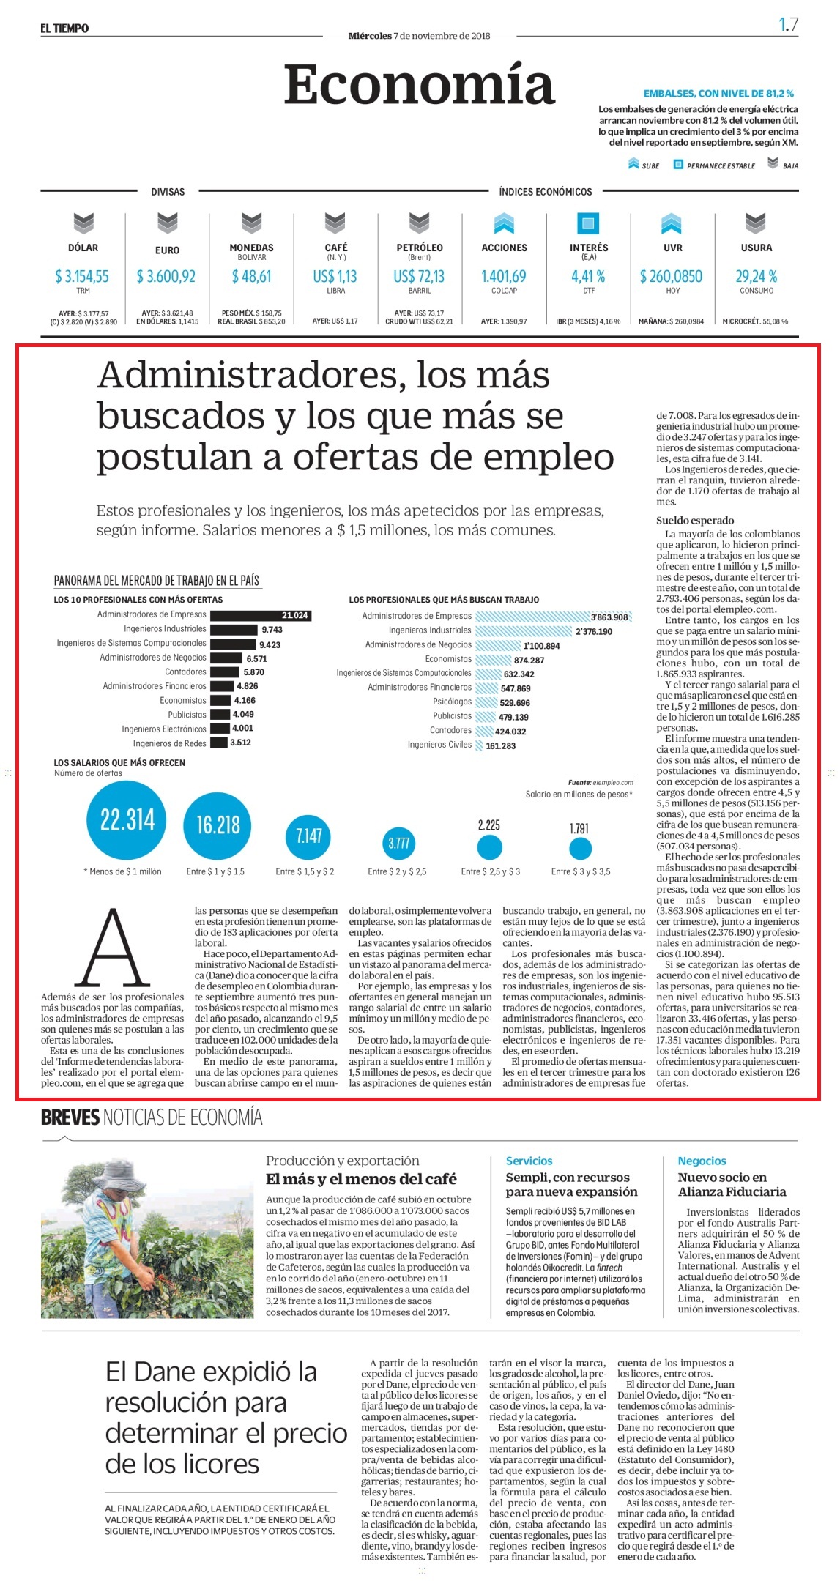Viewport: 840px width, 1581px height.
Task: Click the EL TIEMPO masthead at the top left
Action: click(x=64, y=29)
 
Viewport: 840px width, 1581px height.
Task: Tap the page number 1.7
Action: click(x=788, y=25)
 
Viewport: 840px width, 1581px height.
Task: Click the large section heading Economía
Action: click(x=419, y=84)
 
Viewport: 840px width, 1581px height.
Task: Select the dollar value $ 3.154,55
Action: click(x=82, y=276)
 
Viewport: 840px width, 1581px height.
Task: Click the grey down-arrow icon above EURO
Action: click(x=168, y=223)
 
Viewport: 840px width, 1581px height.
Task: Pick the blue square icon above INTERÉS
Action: click(x=588, y=223)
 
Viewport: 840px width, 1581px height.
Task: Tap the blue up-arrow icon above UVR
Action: click(x=672, y=223)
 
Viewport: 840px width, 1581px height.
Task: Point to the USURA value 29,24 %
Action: click(x=757, y=276)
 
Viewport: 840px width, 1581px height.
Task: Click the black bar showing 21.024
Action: click(x=261, y=615)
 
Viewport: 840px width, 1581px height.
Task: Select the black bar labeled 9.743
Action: click(x=234, y=630)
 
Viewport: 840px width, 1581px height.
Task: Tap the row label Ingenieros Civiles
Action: click(x=439, y=745)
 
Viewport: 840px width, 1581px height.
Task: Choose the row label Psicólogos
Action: click(x=452, y=702)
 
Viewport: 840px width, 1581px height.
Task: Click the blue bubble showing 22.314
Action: click(x=127, y=820)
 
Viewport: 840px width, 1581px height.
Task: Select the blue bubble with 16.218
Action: click(x=218, y=825)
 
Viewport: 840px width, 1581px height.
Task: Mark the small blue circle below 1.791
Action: click(x=580, y=849)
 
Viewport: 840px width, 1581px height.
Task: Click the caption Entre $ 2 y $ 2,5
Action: click(x=397, y=871)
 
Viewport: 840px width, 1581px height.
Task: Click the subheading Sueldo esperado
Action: click(x=695, y=521)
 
